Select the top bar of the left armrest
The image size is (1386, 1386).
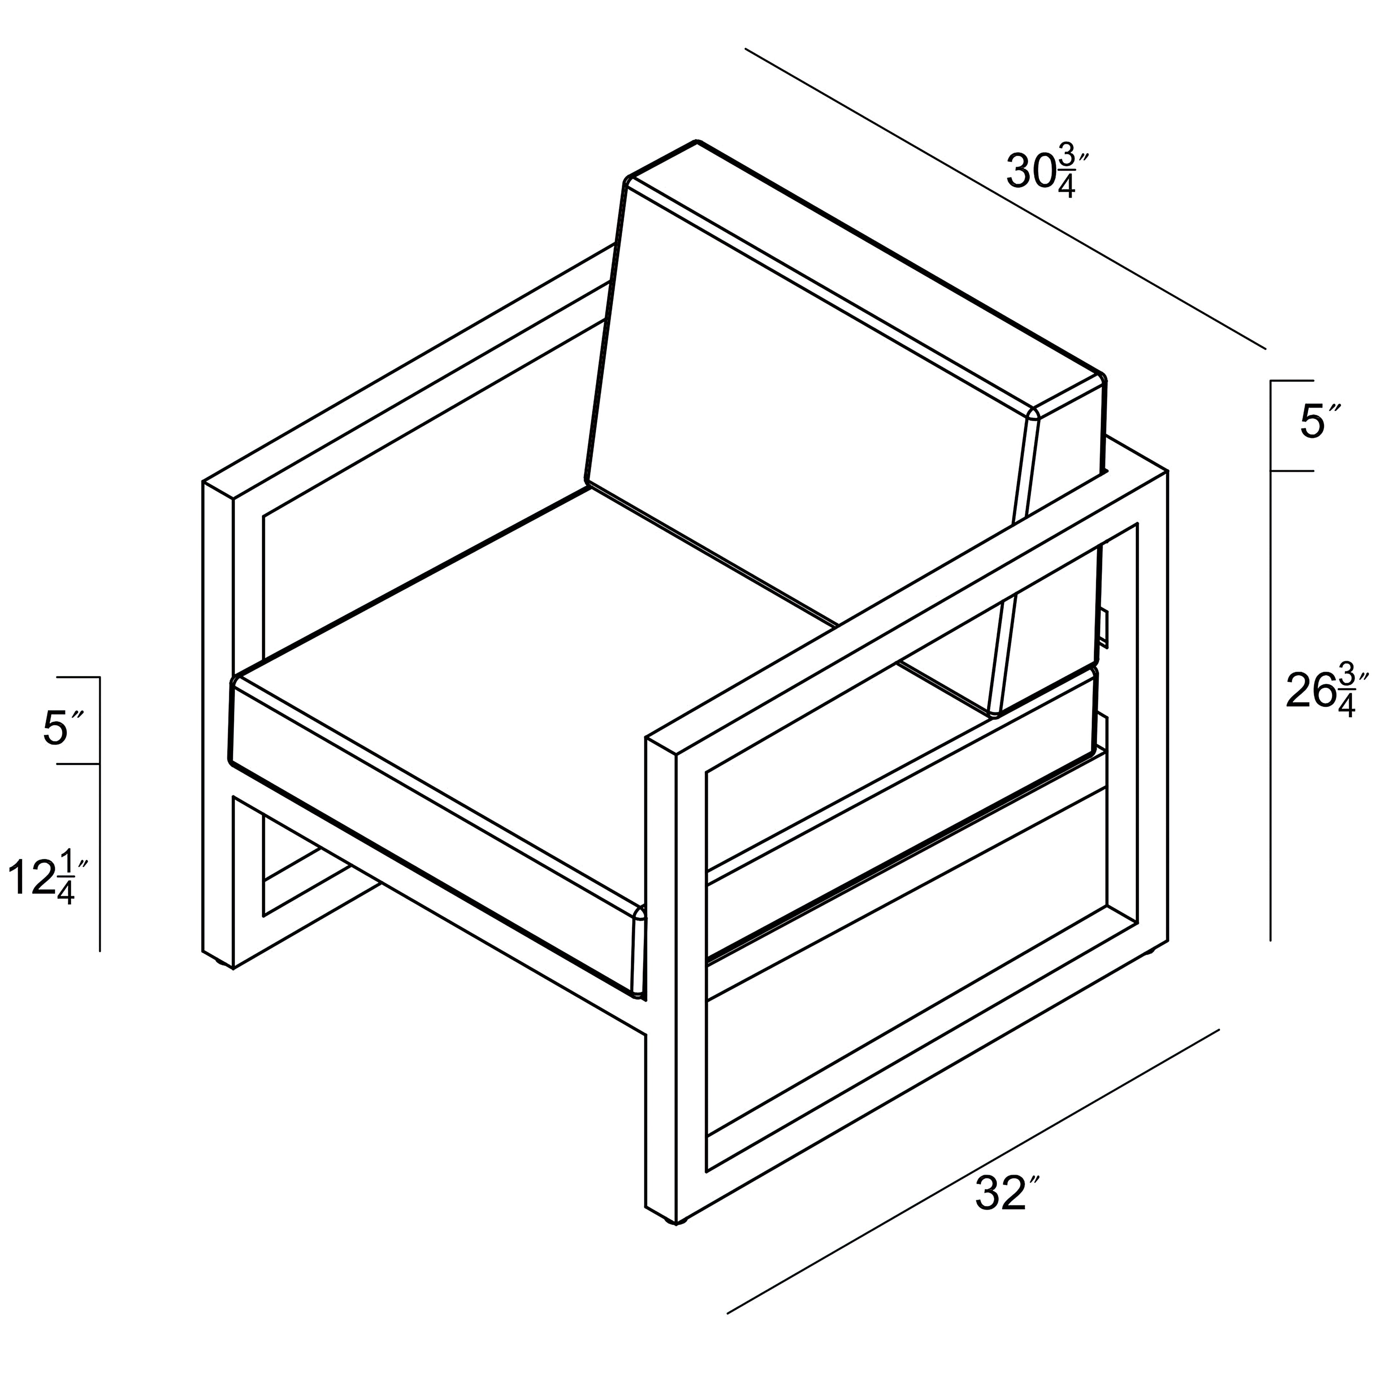point(409,373)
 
